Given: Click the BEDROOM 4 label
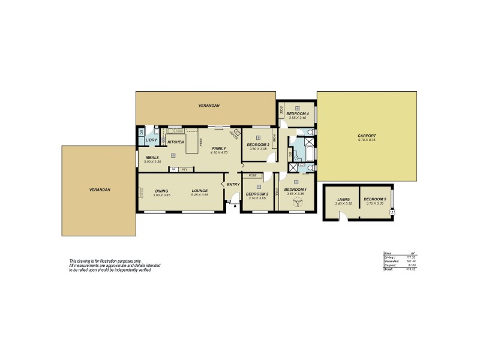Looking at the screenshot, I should (x=297, y=114).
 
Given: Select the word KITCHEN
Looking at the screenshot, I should (x=175, y=142).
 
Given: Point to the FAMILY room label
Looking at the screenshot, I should (x=218, y=148).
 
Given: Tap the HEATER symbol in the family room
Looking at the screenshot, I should (x=236, y=133).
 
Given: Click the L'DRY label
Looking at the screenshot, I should (x=151, y=140).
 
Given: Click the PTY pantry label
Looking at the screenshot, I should (x=184, y=170).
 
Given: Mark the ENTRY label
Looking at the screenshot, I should (x=233, y=184).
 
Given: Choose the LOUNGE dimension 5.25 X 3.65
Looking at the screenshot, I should (x=199, y=195).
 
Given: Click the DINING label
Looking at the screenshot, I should (x=161, y=191).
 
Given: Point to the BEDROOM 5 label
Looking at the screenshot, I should (x=375, y=199).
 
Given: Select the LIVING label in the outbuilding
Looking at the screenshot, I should (x=343, y=199).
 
